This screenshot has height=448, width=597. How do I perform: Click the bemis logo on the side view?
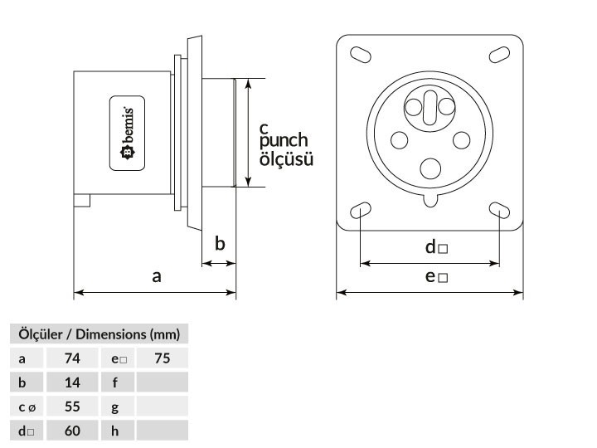(127, 133)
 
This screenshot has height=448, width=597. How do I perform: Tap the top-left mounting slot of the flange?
(360, 55)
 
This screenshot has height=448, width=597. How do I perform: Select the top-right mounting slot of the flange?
(499, 55)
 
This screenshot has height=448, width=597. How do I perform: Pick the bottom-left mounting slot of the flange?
(360, 210)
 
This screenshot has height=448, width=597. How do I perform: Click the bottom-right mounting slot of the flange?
(499, 210)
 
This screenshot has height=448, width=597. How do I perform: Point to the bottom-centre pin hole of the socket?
(430, 168)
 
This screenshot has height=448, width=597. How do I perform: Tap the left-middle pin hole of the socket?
(400, 140)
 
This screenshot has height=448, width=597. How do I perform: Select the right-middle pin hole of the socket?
(461, 140)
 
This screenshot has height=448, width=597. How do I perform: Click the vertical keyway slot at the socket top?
(430, 108)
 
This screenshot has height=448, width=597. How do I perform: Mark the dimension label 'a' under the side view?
(157, 276)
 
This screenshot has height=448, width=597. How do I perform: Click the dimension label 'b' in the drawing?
(220, 243)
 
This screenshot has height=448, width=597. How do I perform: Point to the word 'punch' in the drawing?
(284, 141)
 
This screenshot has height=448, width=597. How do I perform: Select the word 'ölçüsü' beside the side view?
(286, 158)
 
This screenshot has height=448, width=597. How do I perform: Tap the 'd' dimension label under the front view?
(436, 247)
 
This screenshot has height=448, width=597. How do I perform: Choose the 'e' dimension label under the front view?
(436, 276)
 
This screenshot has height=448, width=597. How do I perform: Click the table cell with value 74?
(72, 358)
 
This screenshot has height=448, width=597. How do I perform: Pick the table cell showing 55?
(72, 407)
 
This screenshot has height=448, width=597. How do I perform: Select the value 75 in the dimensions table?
(163, 358)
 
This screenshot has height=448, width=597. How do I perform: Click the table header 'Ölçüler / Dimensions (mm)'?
(99, 334)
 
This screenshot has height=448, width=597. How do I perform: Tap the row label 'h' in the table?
(115, 431)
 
